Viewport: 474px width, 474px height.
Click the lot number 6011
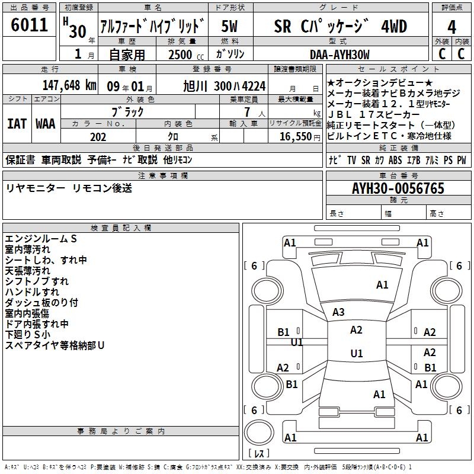point(30,25)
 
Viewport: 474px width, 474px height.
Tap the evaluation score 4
point(451,27)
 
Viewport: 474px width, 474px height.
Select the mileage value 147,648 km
point(62,85)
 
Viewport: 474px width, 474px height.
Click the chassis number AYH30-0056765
point(398,188)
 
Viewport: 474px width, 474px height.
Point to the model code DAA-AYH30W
point(340,55)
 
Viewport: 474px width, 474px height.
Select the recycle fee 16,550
point(294,137)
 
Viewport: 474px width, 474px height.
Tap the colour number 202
point(98,137)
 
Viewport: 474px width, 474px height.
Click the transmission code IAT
point(16,124)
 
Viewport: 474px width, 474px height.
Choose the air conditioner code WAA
point(46,124)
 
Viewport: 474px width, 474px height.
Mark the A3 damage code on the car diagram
point(338,312)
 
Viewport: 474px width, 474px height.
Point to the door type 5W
point(230,27)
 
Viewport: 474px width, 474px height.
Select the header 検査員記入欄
point(121,228)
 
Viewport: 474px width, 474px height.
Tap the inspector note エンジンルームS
point(41,238)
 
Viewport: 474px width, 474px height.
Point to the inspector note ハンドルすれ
point(32,292)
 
